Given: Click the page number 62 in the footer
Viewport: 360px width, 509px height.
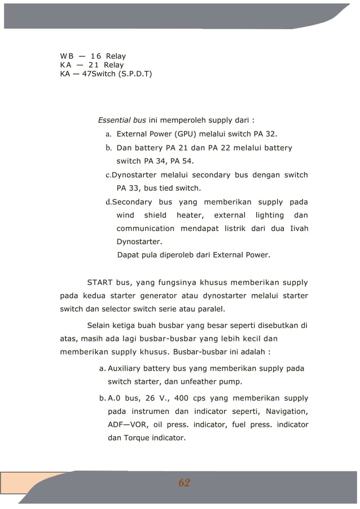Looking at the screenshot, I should point(184,482).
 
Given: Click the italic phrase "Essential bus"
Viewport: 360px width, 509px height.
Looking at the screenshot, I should point(122,120).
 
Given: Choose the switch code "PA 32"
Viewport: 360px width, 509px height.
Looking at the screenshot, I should point(264,134).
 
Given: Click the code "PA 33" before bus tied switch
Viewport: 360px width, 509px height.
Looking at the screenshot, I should point(128,188).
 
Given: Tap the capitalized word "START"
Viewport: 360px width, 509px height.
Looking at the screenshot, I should point(100,282).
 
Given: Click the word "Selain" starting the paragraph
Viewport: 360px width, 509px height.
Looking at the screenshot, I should point(100,325).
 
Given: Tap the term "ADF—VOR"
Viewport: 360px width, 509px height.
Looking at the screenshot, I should point(127,424).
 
